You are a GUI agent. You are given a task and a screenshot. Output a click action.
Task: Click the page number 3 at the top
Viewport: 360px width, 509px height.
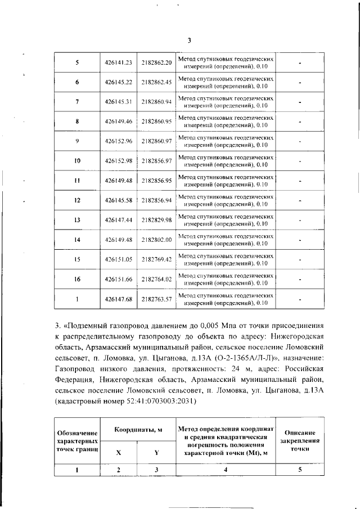coord(189,40)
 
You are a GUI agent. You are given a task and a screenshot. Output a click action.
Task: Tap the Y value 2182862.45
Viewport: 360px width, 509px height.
coord(156,82)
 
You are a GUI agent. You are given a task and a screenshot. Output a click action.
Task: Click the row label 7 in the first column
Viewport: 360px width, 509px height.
coord(77,102)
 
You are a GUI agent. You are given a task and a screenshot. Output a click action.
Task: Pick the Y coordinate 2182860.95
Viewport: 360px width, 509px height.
coord(156,121)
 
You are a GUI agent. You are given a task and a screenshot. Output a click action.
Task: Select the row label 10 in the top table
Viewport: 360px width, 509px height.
coord(77,161)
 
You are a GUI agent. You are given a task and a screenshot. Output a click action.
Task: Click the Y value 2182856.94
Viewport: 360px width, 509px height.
coord(156,200)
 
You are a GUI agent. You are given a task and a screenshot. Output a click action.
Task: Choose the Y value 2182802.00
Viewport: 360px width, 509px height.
coord(156,240)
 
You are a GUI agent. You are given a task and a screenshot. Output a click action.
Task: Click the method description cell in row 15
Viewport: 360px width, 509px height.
coord(225,259)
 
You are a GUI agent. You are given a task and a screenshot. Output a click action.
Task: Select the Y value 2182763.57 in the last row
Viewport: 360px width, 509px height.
coord(156,299)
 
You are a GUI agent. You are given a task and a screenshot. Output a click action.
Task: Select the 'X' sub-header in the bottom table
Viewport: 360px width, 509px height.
coord(118,452)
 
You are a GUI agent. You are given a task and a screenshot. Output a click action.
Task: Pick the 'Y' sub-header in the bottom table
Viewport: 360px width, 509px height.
coord(156,452)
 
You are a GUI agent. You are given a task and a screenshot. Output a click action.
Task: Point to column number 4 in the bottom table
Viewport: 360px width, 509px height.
coord(225,470)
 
